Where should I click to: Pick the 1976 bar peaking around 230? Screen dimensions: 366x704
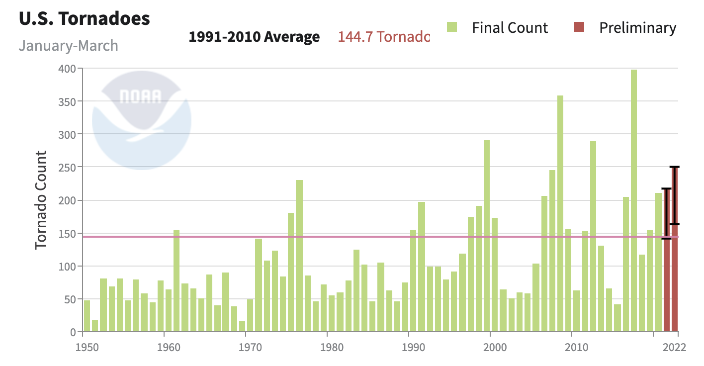click(299, 256)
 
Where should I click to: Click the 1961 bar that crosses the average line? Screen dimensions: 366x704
click(176, 280)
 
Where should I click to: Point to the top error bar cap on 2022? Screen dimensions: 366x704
click(675, 167)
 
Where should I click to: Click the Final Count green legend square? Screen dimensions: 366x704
click(452, 27)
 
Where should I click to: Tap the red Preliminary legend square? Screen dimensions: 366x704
click(579, 27)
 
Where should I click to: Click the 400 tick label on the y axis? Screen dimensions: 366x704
click(68, 69)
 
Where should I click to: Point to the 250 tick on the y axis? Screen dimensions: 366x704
click(68, 168)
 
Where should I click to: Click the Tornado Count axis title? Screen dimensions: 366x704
click(41, 200)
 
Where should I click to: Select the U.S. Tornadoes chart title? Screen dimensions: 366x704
click(84, 19)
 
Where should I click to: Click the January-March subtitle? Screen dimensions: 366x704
click(69, 46)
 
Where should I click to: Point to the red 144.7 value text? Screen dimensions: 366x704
click(383, 37)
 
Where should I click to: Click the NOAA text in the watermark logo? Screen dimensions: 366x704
click(141, 96)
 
